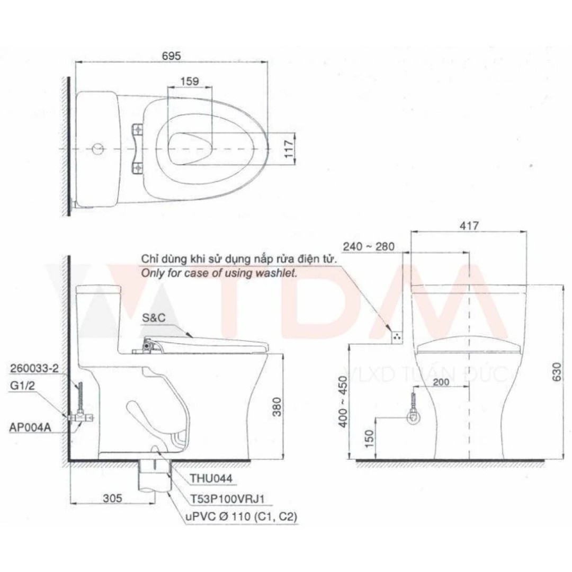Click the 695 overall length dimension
pyautogui.click(x=171, y=55)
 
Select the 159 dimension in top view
pyautogui.click(x=189, y=81)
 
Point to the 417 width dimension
pyautogui.click(x=469, y=226)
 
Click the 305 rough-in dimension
pyautogui.click(x=112, y=498)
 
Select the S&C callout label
pyautogui.click(x=153, y=318)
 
